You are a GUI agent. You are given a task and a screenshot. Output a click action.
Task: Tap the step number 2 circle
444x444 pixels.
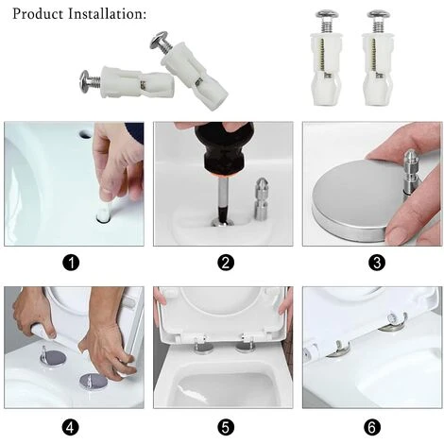[x=225, y=262]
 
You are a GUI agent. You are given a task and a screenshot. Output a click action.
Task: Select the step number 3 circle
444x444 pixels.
[x=371, y=262]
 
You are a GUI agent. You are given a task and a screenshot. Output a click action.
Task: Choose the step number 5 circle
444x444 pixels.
[x=225, y=427]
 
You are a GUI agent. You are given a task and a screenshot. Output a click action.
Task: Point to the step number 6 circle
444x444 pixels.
[x=371, y=427]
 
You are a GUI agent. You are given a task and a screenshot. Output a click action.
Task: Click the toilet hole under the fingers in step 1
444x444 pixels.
[x=102, y=217]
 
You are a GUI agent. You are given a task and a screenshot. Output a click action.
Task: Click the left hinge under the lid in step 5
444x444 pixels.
[x=201, y=347]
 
